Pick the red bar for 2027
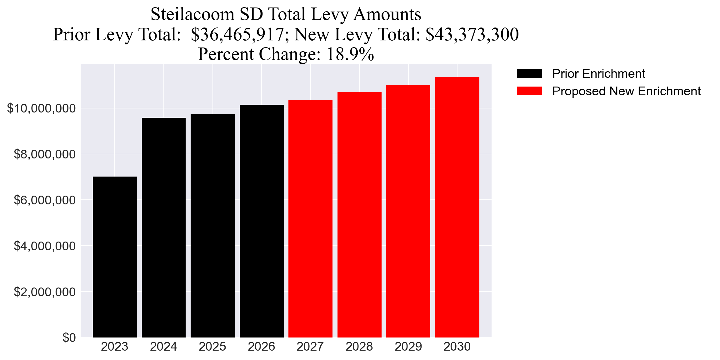(x=310, y=219)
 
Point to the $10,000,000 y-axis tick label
(x=41, y=108)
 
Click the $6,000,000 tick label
(x=45, y=200)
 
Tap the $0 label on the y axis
(x=69, y=338)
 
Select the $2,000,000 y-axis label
(x=45, y=292)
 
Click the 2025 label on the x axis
(x=212, y=347)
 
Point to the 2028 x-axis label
(x=359, y=347)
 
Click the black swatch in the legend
(x=529, y=74)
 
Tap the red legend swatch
(x=529, y=91)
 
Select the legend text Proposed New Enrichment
(x=626, y=91)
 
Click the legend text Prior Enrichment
(x=598, y=74)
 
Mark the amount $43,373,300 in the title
(x=472, y=34)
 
